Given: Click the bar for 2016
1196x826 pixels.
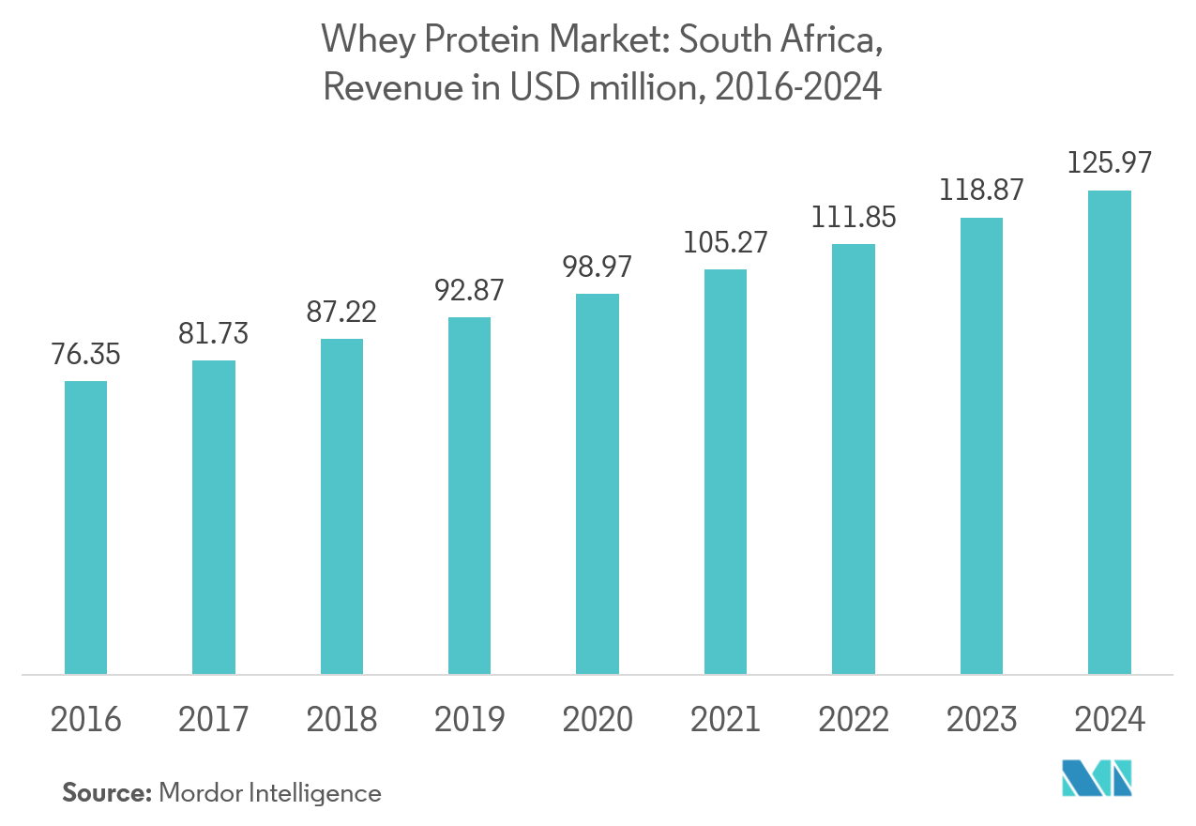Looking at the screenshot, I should tap(85, 527).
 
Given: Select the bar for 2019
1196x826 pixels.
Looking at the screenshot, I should tap(469, 495).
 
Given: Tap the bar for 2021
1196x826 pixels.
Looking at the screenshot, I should tap(725, 471).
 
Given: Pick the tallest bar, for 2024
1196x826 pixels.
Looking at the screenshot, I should tap(1109, 432).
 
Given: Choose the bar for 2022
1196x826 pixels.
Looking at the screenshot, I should tap(854, 458).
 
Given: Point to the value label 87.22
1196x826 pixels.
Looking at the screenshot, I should tap(341, 313).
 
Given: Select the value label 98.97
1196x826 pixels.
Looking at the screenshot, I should tap(598, 267).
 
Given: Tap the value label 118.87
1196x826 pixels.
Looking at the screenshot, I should tap(980, 191).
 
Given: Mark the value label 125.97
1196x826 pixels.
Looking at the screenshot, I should tap(1109, 164).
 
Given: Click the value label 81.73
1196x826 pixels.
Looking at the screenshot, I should tap(214, 334).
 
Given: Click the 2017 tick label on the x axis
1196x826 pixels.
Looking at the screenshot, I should tap(214, 720).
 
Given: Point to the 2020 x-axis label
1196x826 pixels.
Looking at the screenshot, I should tap(598, 720).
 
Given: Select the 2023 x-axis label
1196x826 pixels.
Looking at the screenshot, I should tap(981, 720).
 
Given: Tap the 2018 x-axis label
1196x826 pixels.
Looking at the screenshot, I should tap(341, 720).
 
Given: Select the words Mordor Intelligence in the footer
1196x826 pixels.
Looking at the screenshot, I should tap(270, 794).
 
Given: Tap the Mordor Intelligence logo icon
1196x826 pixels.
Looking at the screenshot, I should tap(1097, 778).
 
